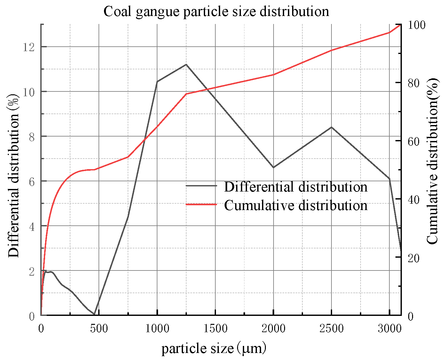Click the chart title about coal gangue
click(216, 12)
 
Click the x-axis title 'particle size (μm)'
click(214, 348)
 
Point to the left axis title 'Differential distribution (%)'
click(14, 176)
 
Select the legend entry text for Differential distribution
click(296, 187)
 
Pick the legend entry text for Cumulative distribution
click(296, 205)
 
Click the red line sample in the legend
click(201, 204)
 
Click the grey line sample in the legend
click(201, 186)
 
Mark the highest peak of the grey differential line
click(186, 65)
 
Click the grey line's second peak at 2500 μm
click(331, 127)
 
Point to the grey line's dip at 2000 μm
click(273, 167)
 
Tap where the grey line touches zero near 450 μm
click(94, 315)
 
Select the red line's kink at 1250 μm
click(186, 94)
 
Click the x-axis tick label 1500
click(215, 328)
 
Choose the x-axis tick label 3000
click(389, 328)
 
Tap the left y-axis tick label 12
click(29, 47)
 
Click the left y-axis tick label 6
click(32, 182)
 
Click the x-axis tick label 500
click(99, 328)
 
